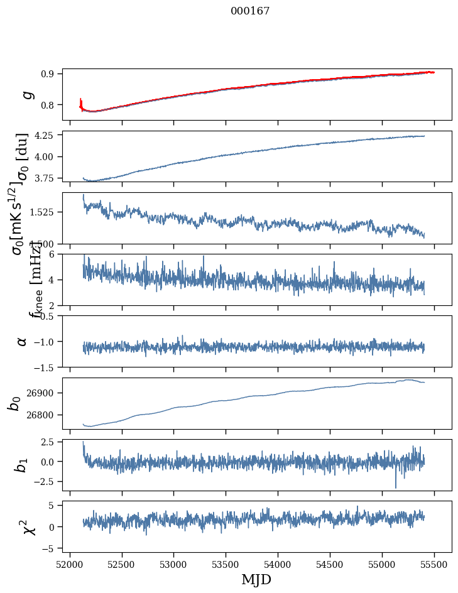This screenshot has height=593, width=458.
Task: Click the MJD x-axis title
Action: coord(256,579)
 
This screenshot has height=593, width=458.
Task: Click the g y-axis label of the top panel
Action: coord(26,94)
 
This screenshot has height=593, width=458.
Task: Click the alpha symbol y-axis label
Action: coord(23,341)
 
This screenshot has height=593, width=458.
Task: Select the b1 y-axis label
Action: coord(22,465)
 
